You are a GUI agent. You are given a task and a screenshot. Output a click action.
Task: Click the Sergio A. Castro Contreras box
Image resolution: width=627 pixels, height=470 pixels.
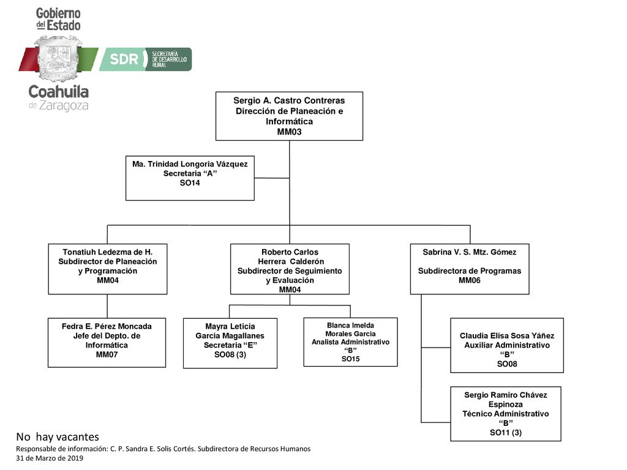pos(289,116)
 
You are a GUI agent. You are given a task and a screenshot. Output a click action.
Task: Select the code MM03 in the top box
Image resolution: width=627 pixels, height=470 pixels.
pos(289,132)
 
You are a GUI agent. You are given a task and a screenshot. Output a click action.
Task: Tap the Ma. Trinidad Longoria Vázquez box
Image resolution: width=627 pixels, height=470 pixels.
pos(190,178)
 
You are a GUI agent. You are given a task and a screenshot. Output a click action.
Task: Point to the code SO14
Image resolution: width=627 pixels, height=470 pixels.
pos(190,182)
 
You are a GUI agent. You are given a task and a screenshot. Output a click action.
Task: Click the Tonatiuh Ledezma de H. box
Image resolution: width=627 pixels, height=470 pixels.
pos(108,269)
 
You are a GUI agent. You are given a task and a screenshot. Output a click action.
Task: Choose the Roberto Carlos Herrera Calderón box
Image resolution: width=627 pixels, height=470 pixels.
pos(290,269)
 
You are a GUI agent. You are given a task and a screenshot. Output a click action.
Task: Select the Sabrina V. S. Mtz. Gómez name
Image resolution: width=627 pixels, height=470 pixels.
pos(470,252)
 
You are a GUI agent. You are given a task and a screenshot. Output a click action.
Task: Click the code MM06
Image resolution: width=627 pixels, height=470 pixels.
pos(470,280)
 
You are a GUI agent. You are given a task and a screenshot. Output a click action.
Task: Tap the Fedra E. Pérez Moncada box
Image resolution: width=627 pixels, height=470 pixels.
pos(107,343)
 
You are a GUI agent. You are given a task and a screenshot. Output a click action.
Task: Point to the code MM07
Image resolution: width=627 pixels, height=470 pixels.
pos(107,354)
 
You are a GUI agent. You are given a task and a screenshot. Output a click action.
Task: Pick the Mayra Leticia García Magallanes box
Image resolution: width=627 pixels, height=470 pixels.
pos(230,343)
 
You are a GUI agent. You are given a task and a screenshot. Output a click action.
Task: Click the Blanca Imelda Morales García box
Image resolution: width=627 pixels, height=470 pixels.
pos(350,342)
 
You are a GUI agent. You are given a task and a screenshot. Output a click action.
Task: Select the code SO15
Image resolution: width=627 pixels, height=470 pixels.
pos(350,359)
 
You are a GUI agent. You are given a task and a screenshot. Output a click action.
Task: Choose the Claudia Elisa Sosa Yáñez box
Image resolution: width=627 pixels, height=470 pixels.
pos(507,345)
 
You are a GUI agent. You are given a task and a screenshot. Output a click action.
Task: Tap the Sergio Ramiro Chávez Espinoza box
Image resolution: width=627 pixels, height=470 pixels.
pos(505,414)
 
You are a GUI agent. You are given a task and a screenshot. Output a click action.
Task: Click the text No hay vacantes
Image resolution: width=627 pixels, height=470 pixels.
pos(58,437)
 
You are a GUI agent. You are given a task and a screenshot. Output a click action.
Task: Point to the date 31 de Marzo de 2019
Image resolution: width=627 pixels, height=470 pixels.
pos(50,458)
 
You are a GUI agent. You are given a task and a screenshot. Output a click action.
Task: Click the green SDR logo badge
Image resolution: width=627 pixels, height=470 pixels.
pos(146,59)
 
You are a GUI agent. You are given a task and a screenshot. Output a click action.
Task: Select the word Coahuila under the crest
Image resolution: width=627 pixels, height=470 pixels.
pos(58,92)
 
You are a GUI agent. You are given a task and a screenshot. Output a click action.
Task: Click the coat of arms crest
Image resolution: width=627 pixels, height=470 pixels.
pos(58,58)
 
